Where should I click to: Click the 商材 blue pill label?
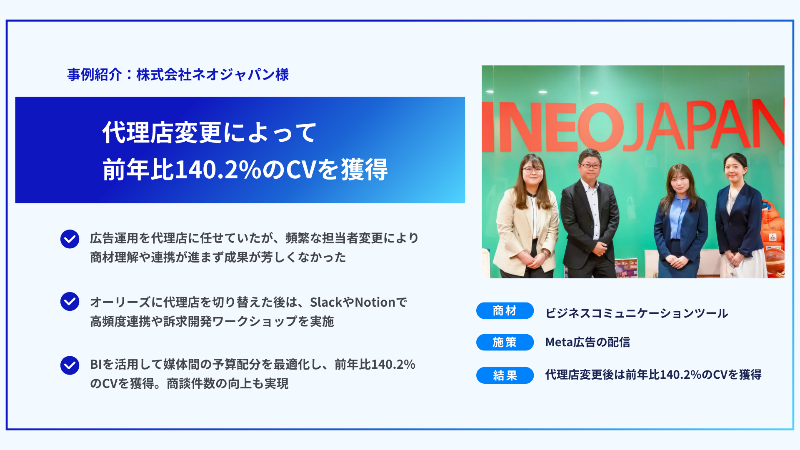click(x=505, y=311)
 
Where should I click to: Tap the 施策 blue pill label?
click(x=505, y=342)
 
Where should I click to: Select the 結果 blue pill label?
click(x=505, y=375)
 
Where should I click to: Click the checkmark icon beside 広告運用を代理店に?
click(x=70, y=239)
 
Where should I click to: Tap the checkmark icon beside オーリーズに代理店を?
click(x=70, y=301)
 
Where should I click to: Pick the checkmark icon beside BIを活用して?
click(x=70, y=365)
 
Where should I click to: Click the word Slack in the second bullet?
click(x=326, y=302)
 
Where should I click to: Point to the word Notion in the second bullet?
click(x=375, y=302)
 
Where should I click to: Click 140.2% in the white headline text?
click(x=217, y=170)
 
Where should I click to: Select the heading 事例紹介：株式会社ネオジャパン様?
click(x=178, y=75)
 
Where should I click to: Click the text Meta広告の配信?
click(x=587, y=342)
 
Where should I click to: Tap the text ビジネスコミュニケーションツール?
click(x=637, y=313)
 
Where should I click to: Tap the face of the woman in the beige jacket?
click(x=532, y=172)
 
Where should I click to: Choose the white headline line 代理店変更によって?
click(x=209, y=133)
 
